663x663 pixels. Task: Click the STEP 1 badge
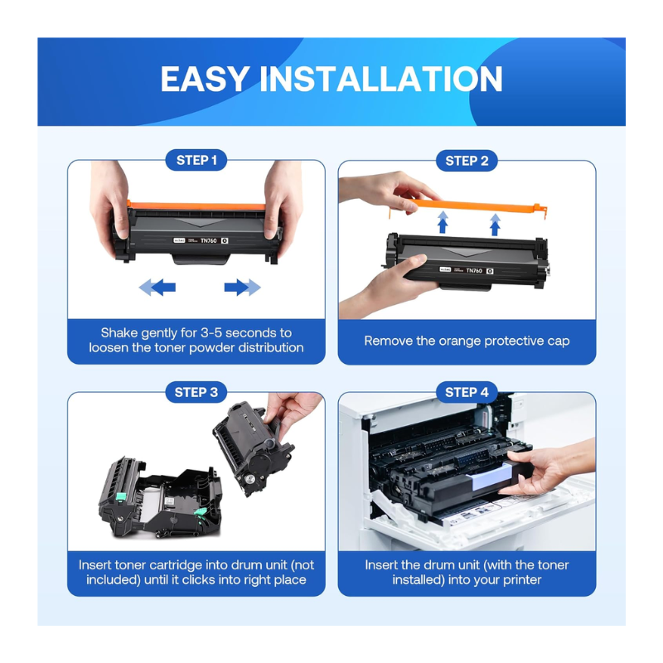coord(196,160)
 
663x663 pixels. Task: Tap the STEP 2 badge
coord(467,161)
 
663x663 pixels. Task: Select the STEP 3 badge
coord(196,392)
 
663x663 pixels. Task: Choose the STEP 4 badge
coord(467,392)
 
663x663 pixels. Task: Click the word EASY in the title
coord(205,79)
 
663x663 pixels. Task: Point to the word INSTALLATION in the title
coord(381,79)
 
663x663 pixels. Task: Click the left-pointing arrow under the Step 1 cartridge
coord(157,287)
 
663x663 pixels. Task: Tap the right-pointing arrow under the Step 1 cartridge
coord(242,287)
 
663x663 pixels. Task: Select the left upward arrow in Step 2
coord(443,222)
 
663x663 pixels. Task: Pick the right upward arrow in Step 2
coord(495,225)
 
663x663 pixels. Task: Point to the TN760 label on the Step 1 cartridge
coord(209,240)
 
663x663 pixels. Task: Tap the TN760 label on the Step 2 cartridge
coord(474,270)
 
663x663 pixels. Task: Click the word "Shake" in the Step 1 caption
coord(119,333)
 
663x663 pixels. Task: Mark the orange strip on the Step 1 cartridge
coord(196,206)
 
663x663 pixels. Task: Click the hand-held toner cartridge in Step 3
coord(253,449)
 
